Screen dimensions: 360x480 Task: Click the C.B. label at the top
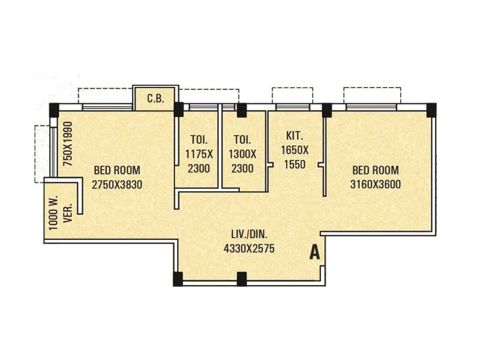[155, 98]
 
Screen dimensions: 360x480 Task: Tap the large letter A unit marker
[314, 253]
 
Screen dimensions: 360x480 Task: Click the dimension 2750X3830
[117, 185]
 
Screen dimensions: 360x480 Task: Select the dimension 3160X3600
[376, 184]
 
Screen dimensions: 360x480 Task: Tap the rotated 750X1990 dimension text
[68, 144]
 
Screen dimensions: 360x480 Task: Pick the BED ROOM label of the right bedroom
[376, 170]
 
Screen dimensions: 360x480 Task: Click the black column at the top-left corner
[54, 110]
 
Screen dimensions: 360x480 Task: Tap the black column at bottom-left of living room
[178, 278]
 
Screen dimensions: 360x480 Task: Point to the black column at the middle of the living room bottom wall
[241, 278]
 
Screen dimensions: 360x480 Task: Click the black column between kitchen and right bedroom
[327, 110]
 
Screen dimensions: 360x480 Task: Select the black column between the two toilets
[241, 110]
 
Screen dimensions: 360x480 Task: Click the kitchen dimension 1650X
[295, 150]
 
